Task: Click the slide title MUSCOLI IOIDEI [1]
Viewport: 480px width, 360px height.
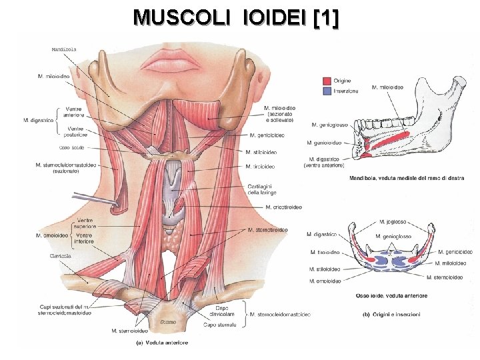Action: click(236, 18)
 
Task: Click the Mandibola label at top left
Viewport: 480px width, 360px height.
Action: click(63, 49)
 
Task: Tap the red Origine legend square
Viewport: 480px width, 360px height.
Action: click(326, 81)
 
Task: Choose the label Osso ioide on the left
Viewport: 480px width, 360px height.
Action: click(73, 147)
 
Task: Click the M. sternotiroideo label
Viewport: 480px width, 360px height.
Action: click(267, 230)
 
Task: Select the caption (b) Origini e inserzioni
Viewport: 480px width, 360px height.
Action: click(391, 315)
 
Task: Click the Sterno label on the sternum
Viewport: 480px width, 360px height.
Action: click(167, 322)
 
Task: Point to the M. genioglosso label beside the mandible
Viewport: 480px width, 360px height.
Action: click(329, 125)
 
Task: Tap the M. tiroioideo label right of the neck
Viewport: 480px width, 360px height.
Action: click(261, 166)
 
